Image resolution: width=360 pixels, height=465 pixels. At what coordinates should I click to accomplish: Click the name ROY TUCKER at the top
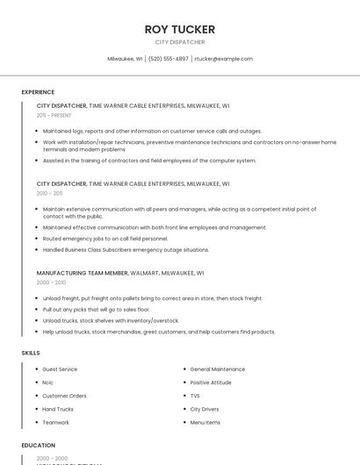180,29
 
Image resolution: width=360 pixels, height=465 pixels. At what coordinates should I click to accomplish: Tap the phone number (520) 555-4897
168,59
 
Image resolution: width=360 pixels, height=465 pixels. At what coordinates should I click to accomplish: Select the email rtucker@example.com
223,59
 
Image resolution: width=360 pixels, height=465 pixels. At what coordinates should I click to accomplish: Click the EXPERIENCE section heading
38,92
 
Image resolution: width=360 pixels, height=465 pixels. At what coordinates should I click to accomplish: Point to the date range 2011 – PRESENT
54,115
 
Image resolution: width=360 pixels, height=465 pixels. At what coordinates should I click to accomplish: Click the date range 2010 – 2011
49,193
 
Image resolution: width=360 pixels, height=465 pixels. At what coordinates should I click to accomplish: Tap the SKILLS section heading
31,353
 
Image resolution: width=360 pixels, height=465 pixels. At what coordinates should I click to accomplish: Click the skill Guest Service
60,369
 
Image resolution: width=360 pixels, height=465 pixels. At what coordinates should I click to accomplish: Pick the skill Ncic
49,383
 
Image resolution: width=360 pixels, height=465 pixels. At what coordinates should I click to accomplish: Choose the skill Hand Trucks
58,409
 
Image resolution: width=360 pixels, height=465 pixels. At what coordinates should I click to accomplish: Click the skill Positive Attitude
211,383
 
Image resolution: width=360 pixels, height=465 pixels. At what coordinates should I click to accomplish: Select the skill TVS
196,396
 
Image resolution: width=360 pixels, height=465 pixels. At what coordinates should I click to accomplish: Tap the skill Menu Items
205,422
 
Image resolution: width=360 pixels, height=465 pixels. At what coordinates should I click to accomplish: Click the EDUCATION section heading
39,446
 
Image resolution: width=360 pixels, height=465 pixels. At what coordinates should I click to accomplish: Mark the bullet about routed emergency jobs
105,239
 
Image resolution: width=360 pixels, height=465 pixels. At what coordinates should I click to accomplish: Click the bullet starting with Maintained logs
152,131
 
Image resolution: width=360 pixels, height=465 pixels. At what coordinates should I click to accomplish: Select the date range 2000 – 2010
51,283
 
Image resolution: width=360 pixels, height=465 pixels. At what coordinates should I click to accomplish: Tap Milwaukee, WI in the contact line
126,59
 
